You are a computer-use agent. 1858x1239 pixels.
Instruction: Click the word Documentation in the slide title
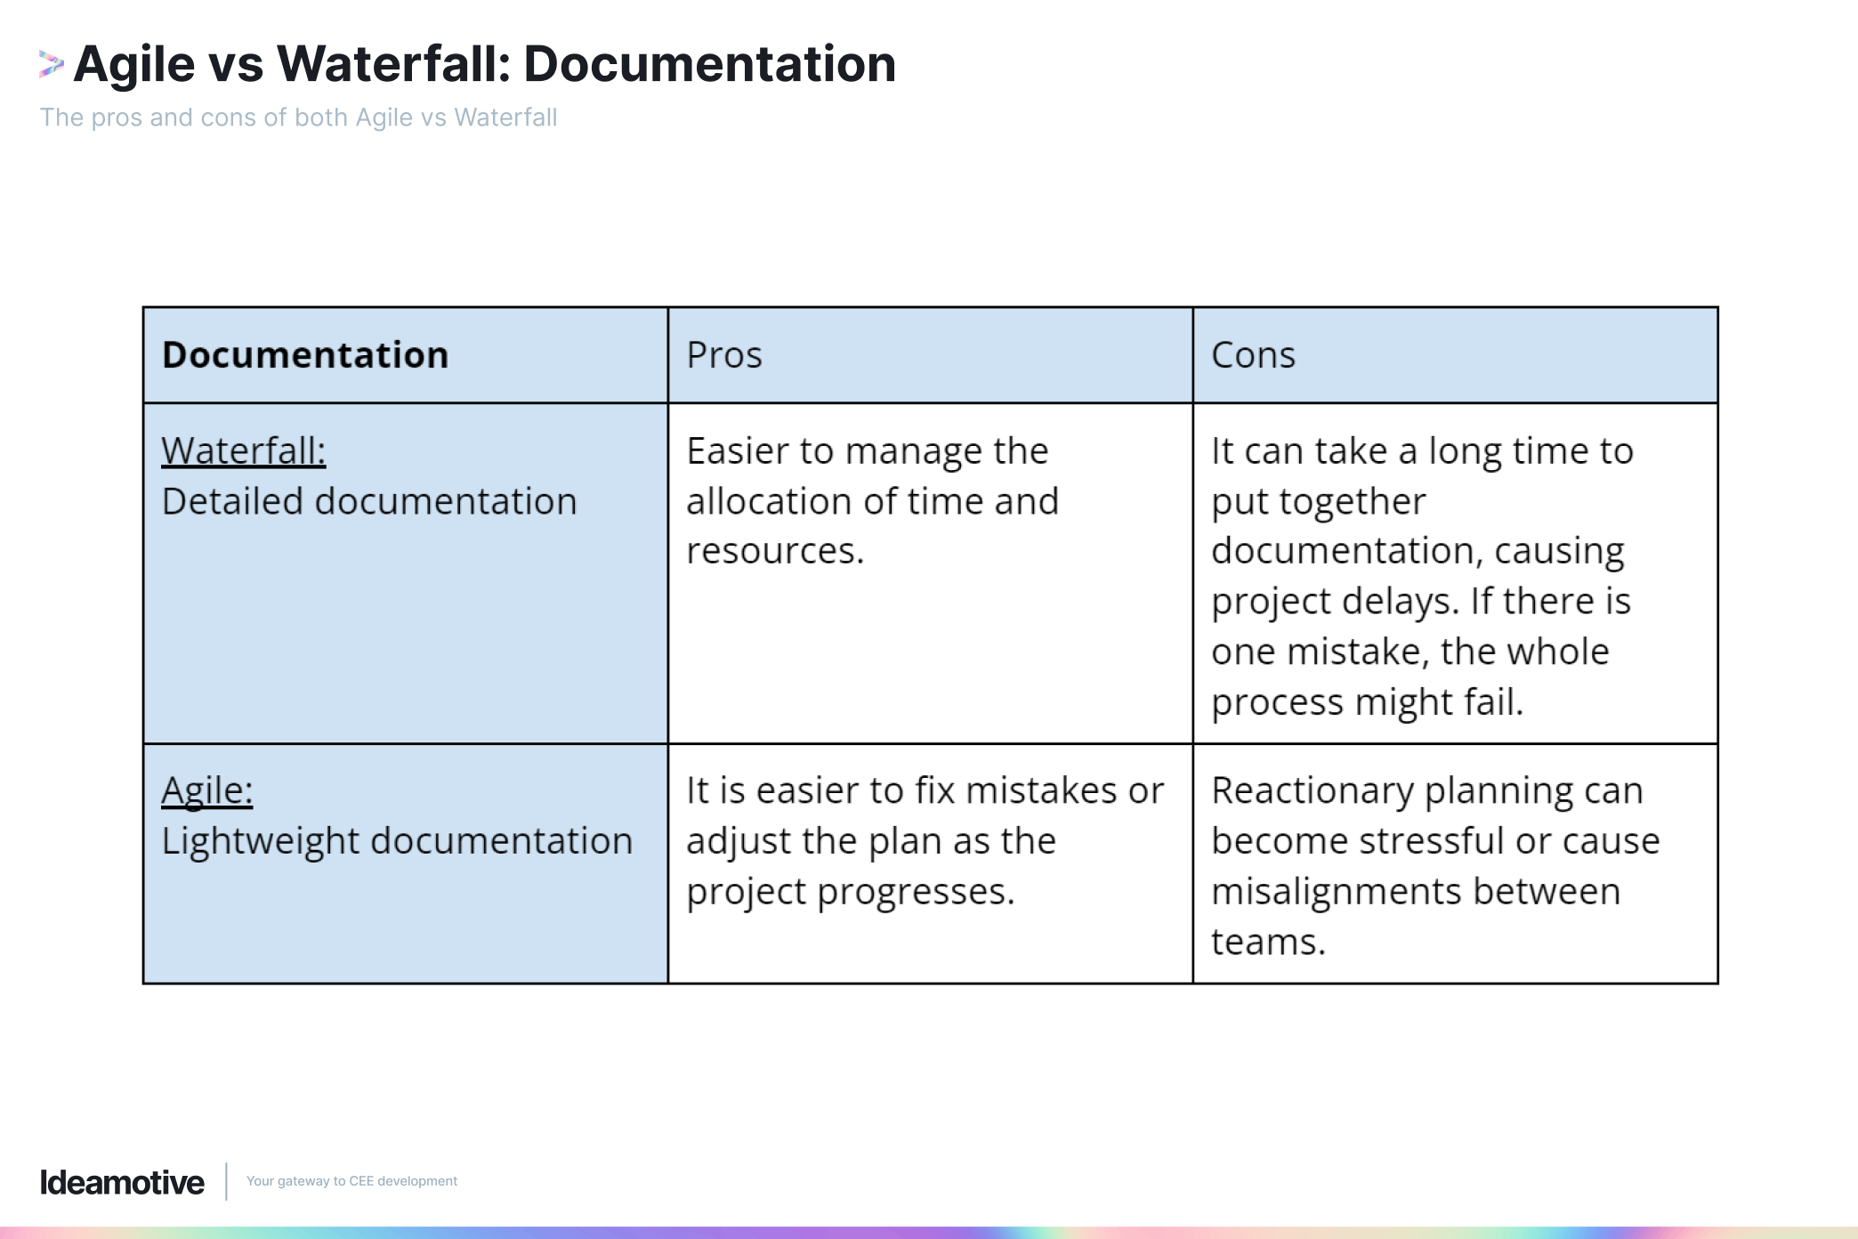point(709,64)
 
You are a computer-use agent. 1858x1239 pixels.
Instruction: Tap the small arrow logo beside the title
point(51,64)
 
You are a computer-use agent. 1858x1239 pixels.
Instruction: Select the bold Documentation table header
point(305,355)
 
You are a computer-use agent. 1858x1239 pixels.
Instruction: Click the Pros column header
point(724,355)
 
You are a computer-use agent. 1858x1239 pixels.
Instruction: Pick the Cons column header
point(1253,355)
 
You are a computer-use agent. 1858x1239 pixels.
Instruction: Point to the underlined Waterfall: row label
point(243,451)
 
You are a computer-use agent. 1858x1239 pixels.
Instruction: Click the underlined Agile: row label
point(206,790)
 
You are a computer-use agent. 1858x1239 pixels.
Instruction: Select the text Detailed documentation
point(369,502)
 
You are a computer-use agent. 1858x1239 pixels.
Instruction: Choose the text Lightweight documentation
point(397,841)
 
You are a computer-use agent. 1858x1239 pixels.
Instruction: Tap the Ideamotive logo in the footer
point(122,1182)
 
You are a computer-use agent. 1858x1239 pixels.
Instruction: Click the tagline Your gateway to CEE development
point(351,1181)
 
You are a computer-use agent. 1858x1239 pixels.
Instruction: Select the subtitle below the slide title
point(298,117)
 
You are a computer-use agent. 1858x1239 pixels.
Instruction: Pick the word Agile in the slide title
point(134,64)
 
